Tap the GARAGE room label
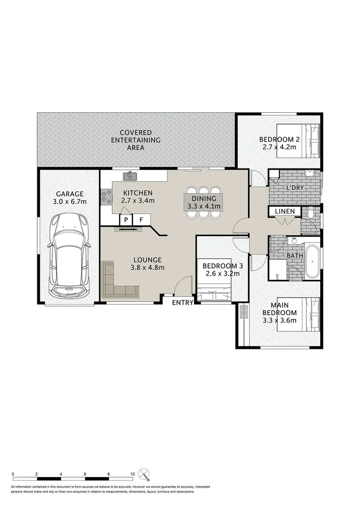point(70,194)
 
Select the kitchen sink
point(131,175)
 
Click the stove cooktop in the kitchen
point(106,196)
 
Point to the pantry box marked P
point(126,219)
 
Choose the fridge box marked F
point(141,219)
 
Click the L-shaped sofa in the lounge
point(117,283)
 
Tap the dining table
point(203,202)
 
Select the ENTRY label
point(182,302)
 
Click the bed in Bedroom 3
point(214,291)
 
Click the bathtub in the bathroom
point(313,261)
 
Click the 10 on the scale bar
point(132,474)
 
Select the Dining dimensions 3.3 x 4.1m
point(203,206)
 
